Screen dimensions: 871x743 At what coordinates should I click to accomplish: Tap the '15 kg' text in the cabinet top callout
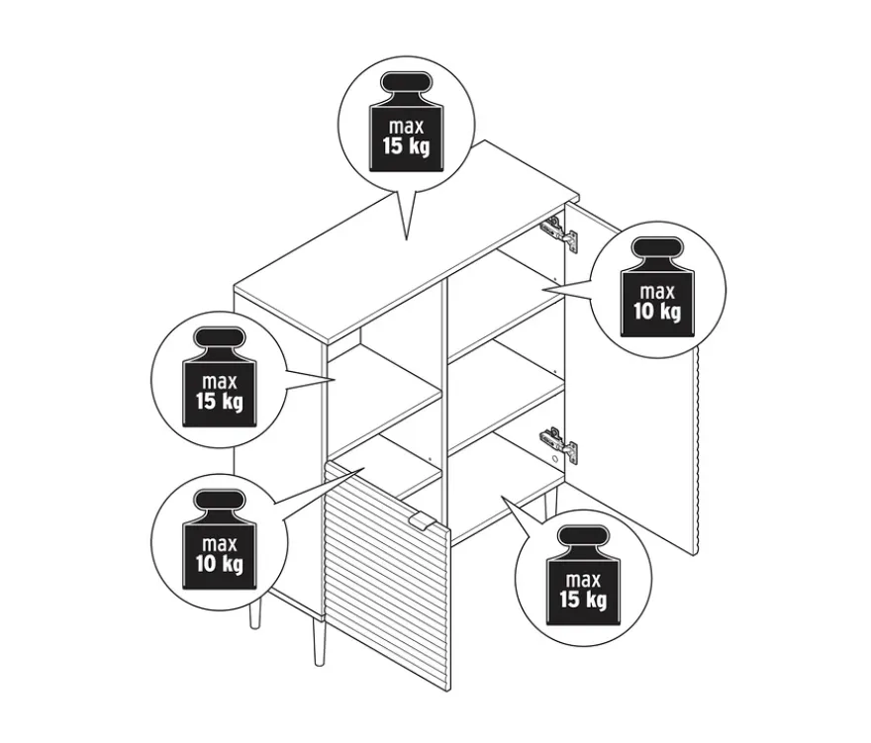(406, 146)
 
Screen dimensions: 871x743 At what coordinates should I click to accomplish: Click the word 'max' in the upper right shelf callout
(657, 292)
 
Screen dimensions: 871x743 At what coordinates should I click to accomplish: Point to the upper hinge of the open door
(559, 231)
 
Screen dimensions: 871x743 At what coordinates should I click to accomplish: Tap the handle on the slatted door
(422, 522)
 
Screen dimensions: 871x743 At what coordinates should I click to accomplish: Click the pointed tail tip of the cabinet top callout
(407, 239)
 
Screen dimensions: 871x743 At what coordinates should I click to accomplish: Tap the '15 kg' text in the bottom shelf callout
(583, 600)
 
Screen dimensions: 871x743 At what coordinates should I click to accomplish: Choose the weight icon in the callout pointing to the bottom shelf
(583, 575)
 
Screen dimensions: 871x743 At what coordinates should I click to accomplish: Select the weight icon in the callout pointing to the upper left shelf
(220, 377)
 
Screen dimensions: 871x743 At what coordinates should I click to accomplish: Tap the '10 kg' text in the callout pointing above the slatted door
(220, 564)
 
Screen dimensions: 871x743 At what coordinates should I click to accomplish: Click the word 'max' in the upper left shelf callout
(220, 382)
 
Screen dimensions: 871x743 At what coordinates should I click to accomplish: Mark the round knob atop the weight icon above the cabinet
(406, 82)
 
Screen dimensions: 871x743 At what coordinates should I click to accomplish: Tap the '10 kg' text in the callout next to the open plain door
(657, 312)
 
